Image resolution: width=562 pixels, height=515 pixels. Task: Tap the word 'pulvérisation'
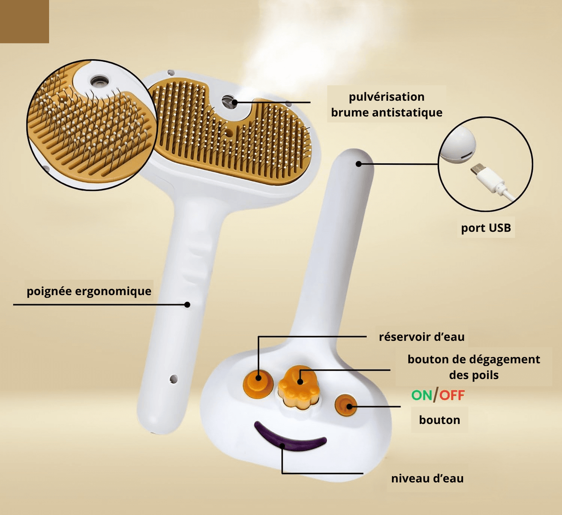tap(386, 96)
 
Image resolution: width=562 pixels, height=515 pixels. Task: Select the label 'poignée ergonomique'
tap(89, 291)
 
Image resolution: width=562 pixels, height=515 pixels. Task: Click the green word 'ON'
tap(422, 395)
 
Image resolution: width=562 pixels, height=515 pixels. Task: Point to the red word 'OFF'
tap(452, 395)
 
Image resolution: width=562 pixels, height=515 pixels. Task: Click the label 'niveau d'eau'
tap(427, 478)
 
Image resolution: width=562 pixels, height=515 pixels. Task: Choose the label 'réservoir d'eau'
tap(422, 337)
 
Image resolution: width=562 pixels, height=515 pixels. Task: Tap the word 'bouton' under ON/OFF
tap(439, 420)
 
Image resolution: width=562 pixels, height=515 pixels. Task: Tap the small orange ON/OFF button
tap(346, 405)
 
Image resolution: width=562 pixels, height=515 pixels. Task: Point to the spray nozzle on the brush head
tap(229, 102)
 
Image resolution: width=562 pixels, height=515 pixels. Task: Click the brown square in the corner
tap(24, 21)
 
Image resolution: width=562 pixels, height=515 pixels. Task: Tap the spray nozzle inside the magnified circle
tap(100, 82)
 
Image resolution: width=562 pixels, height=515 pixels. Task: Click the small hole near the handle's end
tap(173, 379)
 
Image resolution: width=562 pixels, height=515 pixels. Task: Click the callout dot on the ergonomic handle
tap(187, 304)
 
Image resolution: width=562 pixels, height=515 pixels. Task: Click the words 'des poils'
tap(473, 375)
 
